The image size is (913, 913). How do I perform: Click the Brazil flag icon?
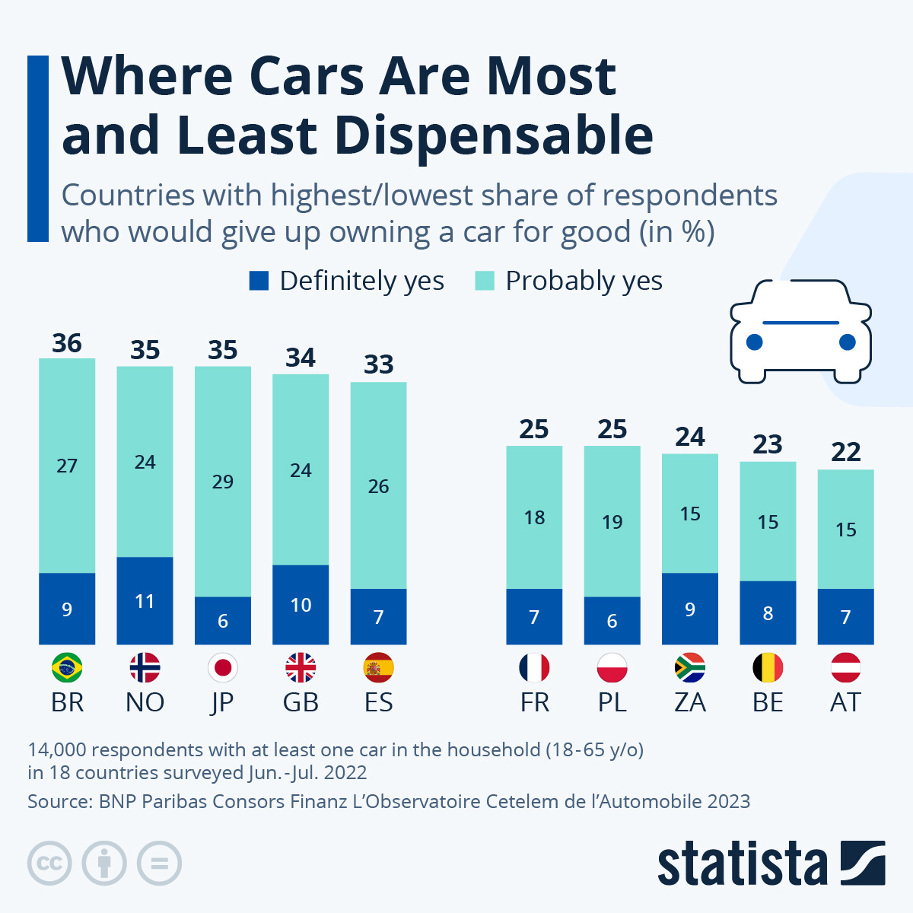[67, 668]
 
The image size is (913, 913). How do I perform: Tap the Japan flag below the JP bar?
[223, 668]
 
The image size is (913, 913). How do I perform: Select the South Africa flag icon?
[690, 668]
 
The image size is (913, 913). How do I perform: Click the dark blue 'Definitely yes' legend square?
[259, 281]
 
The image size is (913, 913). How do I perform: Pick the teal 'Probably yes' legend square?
[485, 281]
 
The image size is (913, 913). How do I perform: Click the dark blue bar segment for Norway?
[145, 601]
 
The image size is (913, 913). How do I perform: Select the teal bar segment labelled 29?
[223, 481]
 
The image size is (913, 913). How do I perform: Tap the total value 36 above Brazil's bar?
[67, 343]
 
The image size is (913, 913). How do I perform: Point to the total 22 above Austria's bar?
[846, 452]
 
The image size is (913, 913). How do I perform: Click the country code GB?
[301, 702]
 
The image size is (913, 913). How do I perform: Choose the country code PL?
[612, 702]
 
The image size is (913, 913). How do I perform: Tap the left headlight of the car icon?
[754, 342]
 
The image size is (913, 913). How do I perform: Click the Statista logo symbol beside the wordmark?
[863, 863]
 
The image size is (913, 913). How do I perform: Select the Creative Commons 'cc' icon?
[49, 864]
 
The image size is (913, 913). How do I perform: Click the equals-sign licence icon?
[160, 864]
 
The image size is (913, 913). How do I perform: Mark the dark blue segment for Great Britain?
[301, 605]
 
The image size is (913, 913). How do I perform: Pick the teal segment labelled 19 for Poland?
[612, 521]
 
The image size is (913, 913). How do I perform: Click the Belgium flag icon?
[768, 668]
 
